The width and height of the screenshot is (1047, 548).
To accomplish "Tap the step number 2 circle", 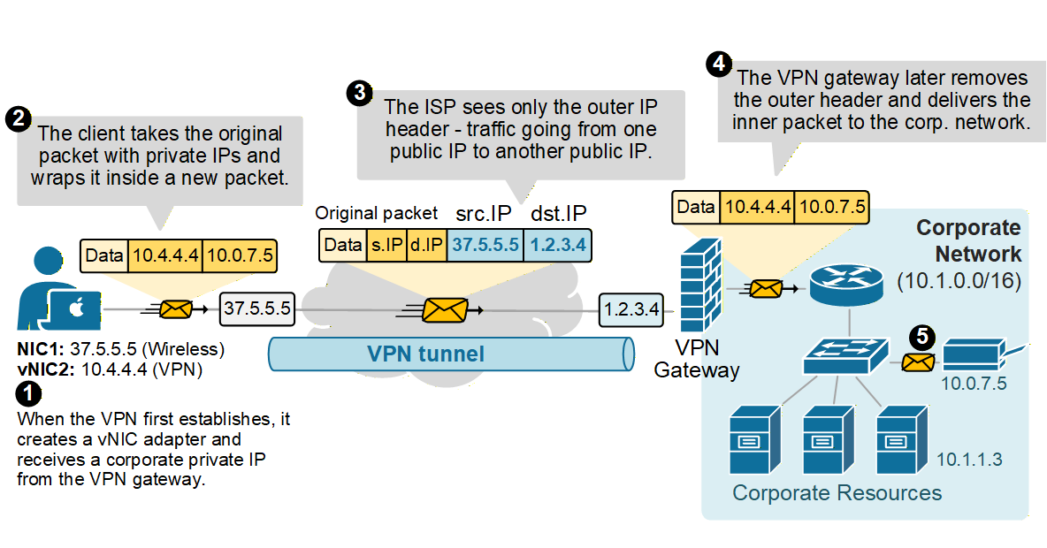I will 17,118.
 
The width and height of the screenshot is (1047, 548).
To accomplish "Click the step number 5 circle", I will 922,336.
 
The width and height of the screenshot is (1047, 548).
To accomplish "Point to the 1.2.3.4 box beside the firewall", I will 629,309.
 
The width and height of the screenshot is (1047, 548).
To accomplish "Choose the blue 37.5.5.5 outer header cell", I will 485,245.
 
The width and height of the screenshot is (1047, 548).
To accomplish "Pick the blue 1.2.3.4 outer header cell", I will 557,245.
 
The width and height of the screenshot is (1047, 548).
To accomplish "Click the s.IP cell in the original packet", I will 386,245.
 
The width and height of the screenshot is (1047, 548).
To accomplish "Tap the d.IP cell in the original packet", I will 427,245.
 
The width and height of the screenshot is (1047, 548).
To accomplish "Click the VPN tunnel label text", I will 426,354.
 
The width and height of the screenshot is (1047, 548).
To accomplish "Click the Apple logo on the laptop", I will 76,308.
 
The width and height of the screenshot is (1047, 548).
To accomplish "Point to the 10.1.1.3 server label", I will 969,460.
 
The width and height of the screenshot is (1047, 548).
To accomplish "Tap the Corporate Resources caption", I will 837,492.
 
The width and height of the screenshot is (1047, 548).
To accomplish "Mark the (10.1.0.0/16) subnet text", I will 959,281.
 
